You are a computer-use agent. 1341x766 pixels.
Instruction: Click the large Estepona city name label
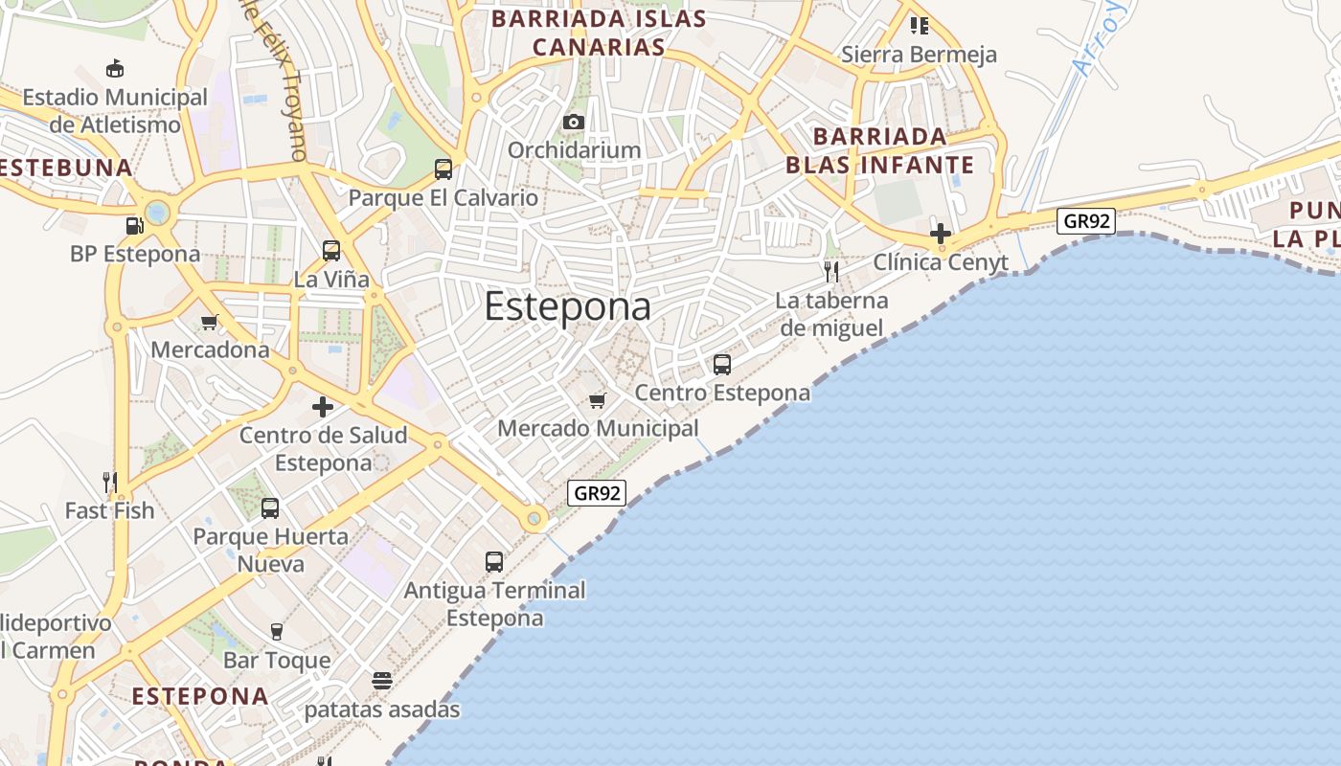click(x=567, y=306)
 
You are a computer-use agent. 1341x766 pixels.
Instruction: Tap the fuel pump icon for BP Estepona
click(x=135, y=226)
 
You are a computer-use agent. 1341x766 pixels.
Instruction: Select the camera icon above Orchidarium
click(x=574, y=122)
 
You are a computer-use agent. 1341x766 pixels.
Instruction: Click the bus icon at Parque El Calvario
click(x=443, y=169)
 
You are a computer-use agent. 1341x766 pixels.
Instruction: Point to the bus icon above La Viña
click(x=331, y=251)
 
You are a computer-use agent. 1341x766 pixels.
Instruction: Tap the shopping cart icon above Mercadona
click(x=210, y=322)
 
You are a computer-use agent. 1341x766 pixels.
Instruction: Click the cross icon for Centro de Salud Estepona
click(x=323, y=407)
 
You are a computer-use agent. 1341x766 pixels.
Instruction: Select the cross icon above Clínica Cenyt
click(x=941, y=233)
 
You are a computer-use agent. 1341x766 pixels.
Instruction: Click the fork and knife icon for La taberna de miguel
click(x=831, y=272)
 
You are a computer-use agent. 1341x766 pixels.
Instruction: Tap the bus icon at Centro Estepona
click(x=722, y=365)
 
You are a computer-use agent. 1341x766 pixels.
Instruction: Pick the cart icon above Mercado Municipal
click(x=598, y=400)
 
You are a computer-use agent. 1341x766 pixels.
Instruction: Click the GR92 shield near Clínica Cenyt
click(x=1087, y=221)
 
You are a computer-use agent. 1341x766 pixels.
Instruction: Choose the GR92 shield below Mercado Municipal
click(x=597, y=493)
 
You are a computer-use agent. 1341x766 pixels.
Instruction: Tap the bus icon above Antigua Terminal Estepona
click(x=494, y=562)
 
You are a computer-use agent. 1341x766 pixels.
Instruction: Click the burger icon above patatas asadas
click(x=382, y=681)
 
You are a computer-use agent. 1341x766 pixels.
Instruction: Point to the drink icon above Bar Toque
click(x=277, y=632)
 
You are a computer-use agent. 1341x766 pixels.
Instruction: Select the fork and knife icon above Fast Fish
click(x=109, y=482)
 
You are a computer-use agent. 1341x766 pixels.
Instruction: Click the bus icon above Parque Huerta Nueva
click(x=270, y=508)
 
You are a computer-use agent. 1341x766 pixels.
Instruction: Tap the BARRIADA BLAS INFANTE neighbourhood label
click(x=879, y=150)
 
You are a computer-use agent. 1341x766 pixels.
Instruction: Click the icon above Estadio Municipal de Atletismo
click(x=115, y=68)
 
